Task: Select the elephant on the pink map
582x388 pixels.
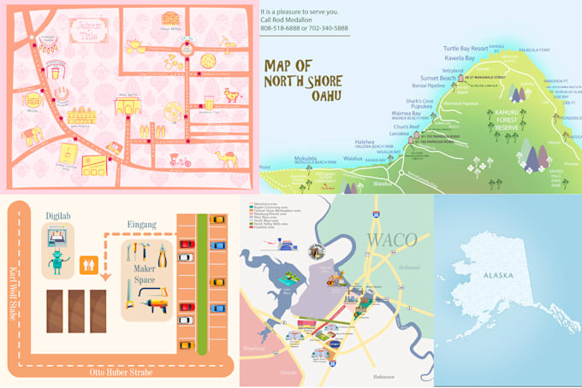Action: [33, 135]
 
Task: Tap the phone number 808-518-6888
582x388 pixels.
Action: [280, 28]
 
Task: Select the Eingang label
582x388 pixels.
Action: [142, 225]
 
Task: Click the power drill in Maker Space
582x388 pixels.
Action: [156, 296]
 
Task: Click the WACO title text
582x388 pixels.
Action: [392, 238]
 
